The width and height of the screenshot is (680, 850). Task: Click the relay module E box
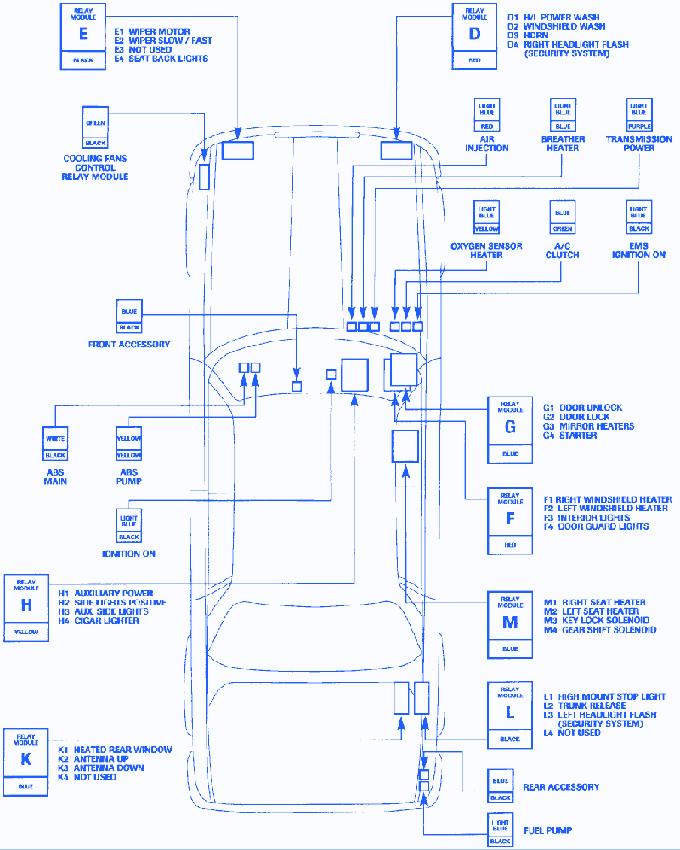tap(82, 36)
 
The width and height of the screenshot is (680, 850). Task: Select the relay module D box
tap(474, 36)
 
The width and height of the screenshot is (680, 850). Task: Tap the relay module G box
tap(510, 430)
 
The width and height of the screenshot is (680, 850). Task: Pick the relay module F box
tap(510, 520)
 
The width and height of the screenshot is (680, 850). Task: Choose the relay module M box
tap(510, 624)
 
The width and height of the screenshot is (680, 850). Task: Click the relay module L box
tap(510, 713)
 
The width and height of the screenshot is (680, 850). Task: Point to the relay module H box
tap(26, 607)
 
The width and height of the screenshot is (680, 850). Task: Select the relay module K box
tap(26, 761)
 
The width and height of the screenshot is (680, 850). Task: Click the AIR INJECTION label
tap(487, 144)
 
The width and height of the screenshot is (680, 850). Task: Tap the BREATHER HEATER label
tap(563, 144)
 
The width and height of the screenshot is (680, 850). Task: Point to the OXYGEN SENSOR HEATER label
tap(487, 250)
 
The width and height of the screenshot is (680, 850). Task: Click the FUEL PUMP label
tap(548, 830)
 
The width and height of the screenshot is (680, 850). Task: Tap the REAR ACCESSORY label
tap(560, 787)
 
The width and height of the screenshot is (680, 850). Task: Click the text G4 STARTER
tap(570, 436)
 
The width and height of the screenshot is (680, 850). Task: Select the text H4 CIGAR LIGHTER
tap(99, 621)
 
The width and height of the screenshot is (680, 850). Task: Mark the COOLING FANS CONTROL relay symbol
tap(95, 128)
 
